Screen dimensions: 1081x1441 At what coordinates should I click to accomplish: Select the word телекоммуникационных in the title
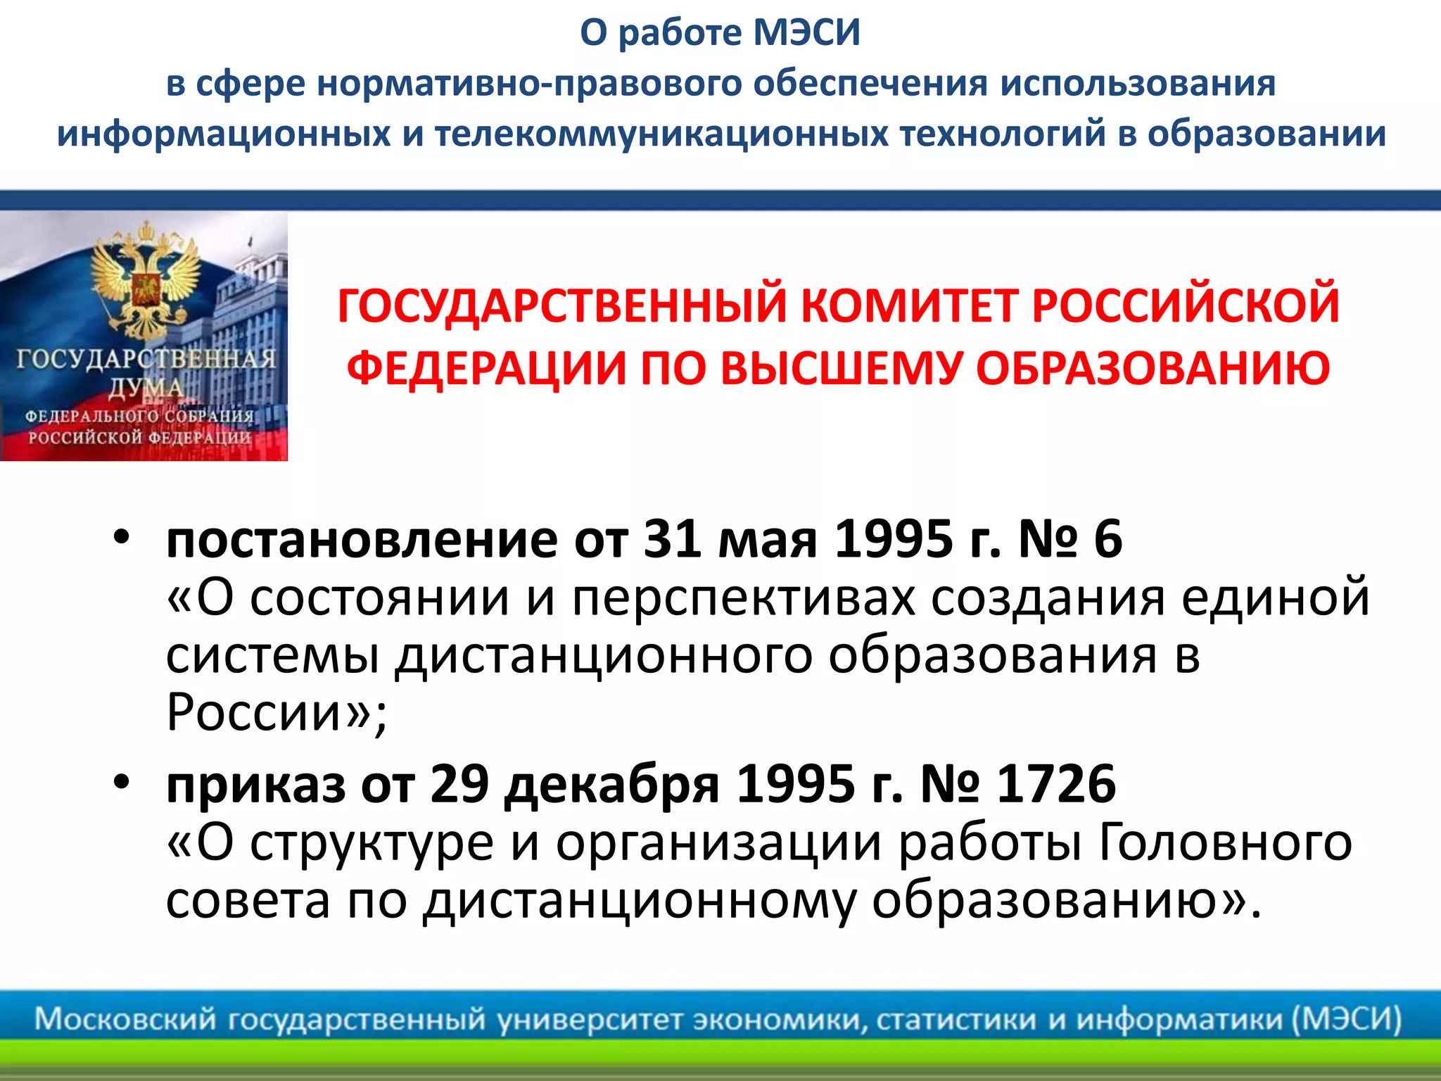[x=661, y=134]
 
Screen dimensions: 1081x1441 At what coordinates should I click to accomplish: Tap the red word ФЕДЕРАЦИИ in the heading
[x=487, y=369]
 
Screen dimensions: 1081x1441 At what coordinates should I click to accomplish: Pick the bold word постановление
[x=361, y=540]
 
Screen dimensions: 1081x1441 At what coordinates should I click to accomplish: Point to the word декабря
[x=611, y=785]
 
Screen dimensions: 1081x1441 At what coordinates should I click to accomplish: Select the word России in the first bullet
[x=254, y=712]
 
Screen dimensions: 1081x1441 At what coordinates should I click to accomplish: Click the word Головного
[x=1224, y=843]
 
